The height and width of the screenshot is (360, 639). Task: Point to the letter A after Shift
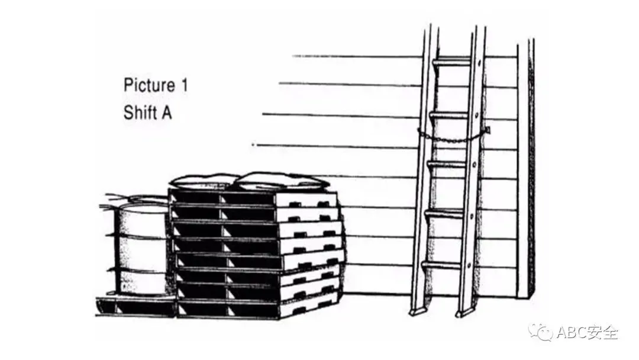166,112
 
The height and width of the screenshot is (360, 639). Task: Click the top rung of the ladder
453,62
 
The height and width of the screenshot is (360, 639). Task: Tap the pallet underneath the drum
136,304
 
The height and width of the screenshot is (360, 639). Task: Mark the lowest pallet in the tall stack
254,308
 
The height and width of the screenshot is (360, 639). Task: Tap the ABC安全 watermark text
588,333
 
